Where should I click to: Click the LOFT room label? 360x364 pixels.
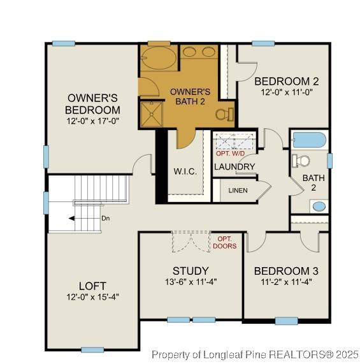[92, 286]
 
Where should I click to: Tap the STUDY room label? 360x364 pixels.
[191, 271]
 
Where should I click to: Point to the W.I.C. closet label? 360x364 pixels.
[185, 172]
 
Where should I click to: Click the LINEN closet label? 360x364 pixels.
[238, 191]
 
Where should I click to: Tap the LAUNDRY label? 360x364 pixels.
[234, 167]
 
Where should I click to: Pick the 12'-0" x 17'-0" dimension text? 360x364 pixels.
[93, 120]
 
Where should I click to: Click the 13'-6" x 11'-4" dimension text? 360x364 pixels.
[191, 281]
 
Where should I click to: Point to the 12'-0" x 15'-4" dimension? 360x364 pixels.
[92, 296]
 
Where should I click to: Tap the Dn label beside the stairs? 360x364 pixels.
[105, 218]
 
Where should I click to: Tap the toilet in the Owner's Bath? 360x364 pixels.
[222, 114]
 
